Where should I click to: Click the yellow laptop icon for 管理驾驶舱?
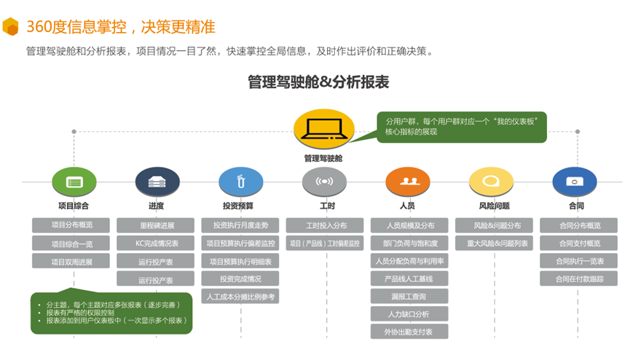pos(323,131)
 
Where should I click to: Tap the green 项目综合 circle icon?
pos(74,181)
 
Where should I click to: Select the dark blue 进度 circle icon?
pos(157,181)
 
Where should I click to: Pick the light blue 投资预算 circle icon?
pos(241,181)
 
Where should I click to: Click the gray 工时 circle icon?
pos(323,181)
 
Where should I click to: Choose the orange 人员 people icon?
pos(407,181)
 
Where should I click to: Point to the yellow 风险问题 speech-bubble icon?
pos(492,181)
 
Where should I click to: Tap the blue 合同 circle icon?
pos(575,181)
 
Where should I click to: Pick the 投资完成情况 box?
pos(240,278)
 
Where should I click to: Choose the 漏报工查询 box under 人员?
pos(409,296)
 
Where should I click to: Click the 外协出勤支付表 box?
pos(409,332)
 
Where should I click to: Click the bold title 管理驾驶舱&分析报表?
pos(318,82)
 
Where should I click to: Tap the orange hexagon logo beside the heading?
pos(11,26)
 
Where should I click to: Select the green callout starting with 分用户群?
pos(462,126)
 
